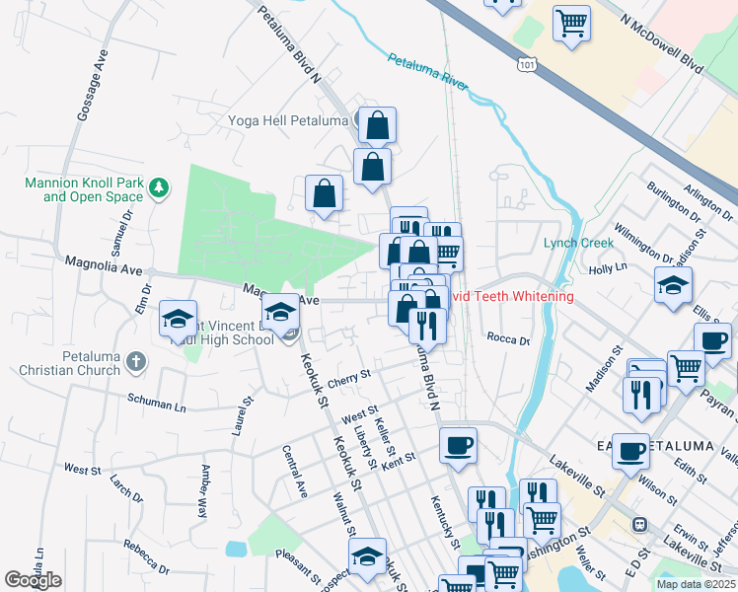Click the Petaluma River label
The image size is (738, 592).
427,71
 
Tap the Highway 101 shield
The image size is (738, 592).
528,64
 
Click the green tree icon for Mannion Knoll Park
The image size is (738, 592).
158,185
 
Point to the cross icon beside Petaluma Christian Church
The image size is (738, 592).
136,362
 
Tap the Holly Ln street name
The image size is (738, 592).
607,267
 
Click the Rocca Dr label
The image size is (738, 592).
508,338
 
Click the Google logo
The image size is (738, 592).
33,580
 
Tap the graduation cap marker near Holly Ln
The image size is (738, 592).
673,285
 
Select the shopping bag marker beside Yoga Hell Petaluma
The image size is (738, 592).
377,125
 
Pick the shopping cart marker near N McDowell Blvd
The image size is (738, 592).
571,23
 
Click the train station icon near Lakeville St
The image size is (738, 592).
639,524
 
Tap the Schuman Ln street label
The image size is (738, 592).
156,404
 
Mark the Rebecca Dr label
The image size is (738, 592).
147,556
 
